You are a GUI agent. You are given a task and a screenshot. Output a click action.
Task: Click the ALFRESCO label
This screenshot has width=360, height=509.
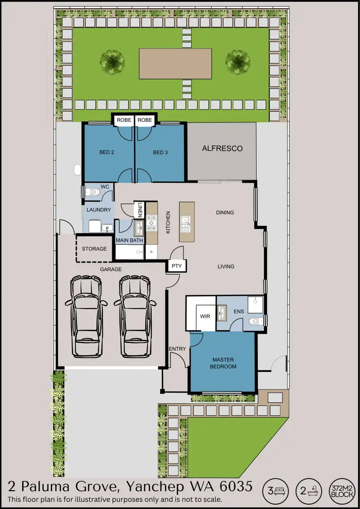coord(222,149)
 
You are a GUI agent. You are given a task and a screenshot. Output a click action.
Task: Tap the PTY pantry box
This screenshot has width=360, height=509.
coord(176,266)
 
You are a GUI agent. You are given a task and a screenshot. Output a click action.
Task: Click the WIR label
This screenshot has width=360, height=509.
coord(205,317)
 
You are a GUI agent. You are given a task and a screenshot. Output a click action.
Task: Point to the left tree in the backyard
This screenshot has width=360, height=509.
coord(113,60)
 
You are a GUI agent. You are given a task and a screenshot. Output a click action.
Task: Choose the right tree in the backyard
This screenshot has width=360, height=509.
coord(238,60)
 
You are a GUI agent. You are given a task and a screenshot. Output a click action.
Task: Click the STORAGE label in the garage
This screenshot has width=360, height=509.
coord(94,249)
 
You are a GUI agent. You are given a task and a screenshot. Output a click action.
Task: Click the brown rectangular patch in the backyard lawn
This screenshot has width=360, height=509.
coord(176,63)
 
